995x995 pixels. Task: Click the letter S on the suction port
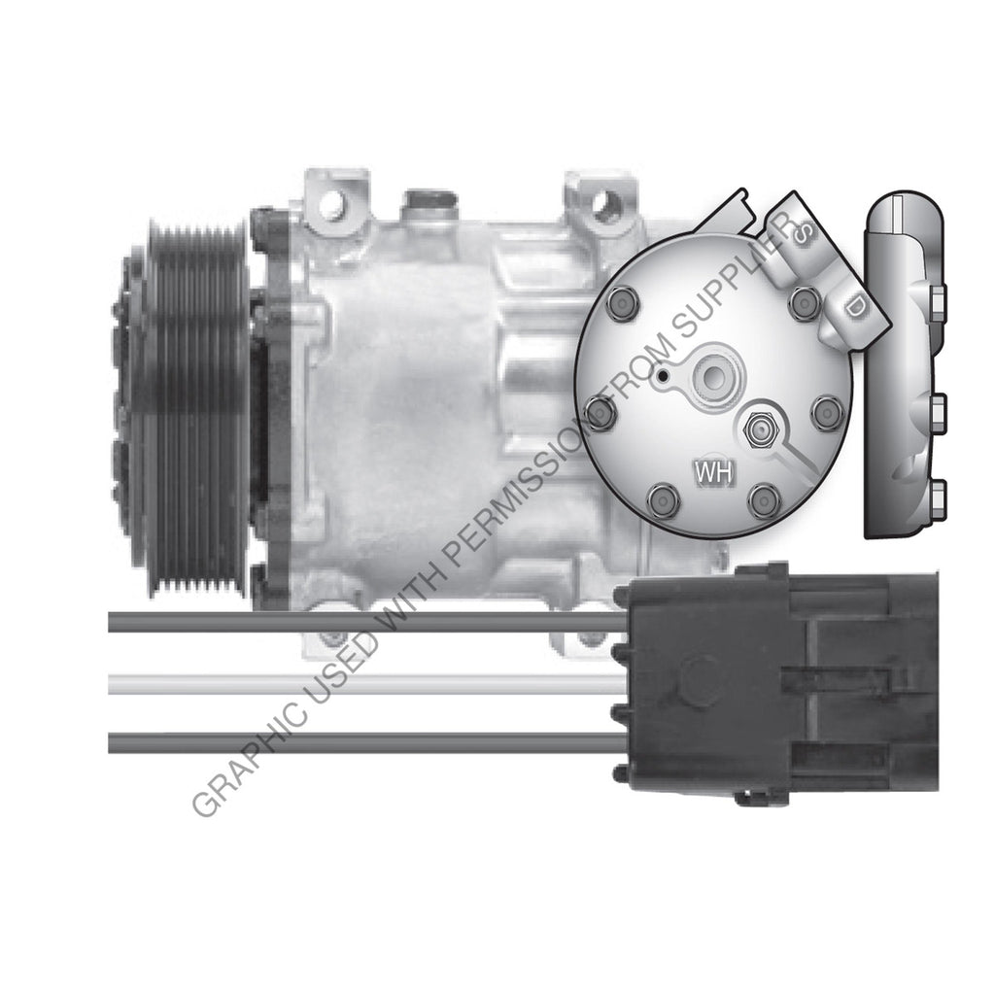pos(803,234)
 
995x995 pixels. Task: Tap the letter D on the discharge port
pos(855,307)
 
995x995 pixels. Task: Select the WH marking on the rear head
pos(715,473)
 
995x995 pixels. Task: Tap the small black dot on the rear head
pos(662,374)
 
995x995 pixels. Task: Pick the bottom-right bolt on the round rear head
pos(765,500)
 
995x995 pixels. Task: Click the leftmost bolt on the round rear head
pos(600,414)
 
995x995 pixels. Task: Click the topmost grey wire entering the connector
pos(369,622)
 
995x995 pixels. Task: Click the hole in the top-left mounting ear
pos(332,205)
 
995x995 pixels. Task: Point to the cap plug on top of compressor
pos(430,202)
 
